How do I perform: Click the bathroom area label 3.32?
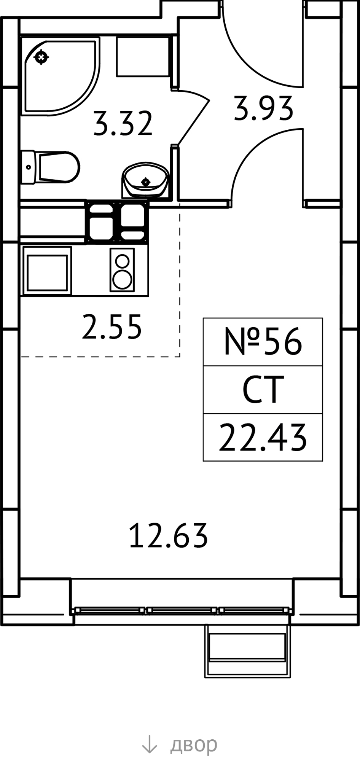[123, 123]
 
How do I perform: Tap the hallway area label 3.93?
[263, 108]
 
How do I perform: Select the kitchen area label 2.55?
[112, 326]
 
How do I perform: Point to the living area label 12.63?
[168, 535]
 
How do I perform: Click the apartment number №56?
[263, 341]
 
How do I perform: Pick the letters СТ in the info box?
[263, 389]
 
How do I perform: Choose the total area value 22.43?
[263, 438]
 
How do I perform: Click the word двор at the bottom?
[194, 745]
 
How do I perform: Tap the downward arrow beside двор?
[149, 744]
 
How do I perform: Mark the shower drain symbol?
[41, 57]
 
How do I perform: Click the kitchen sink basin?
[47, 271]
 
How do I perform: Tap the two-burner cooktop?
[122, 270]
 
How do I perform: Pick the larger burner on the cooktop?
[122, 279]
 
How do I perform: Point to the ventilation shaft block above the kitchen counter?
[117, 222]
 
